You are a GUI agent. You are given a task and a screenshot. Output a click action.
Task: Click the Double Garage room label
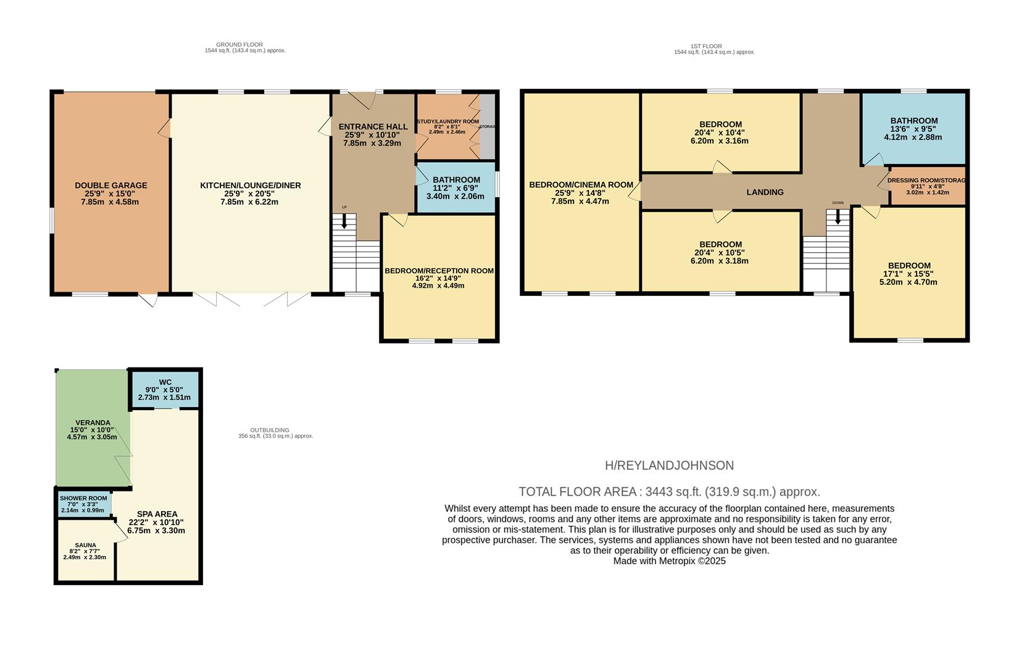click(x=111, y=186)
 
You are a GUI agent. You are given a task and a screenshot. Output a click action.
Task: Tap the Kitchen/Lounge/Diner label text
click(x=250, y=186)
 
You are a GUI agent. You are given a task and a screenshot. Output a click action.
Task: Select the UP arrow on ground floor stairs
click(x=344, y=221)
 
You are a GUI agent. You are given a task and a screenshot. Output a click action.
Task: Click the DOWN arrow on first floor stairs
click(x=838, y=216)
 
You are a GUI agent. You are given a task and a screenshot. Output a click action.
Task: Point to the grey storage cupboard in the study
click(x=488, y=126)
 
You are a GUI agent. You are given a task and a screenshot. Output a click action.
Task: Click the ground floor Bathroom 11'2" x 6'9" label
click(x=456, y=180)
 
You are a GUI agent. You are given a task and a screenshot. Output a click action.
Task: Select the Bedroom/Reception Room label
click(x=439, y=271)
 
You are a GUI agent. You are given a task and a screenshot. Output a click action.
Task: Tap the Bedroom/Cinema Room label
click(x=581, y=184)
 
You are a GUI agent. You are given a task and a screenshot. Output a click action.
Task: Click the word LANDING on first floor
click(x=765, y=192)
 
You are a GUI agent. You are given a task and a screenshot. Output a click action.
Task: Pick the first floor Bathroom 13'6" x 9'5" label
click(x=913, y=121)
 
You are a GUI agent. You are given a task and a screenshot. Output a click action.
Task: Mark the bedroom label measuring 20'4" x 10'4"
click(x=720, y=125)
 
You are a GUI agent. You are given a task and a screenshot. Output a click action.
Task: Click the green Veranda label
click(x=93, y=423)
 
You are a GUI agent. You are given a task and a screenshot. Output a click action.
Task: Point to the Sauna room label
click(x=85, y=545)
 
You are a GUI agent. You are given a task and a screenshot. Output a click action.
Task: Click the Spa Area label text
click(x=157, y=514)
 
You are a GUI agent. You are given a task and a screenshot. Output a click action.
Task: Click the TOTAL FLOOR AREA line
click(x=669, y=492)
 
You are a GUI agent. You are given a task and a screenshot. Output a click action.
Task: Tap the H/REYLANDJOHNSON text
click(x=669, y=466)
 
